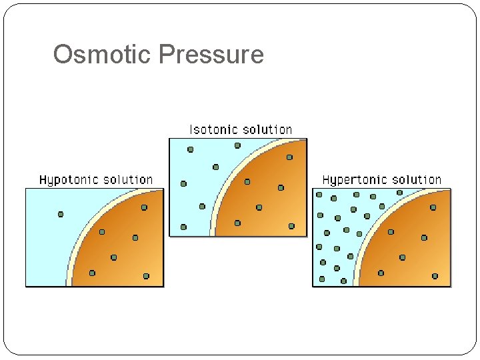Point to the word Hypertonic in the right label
351,180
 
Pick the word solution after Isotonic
267,129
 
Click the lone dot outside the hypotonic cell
61,214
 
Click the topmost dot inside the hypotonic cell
144,207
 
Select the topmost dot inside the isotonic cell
289,157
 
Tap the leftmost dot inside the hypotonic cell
92,273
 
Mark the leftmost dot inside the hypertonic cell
381,273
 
